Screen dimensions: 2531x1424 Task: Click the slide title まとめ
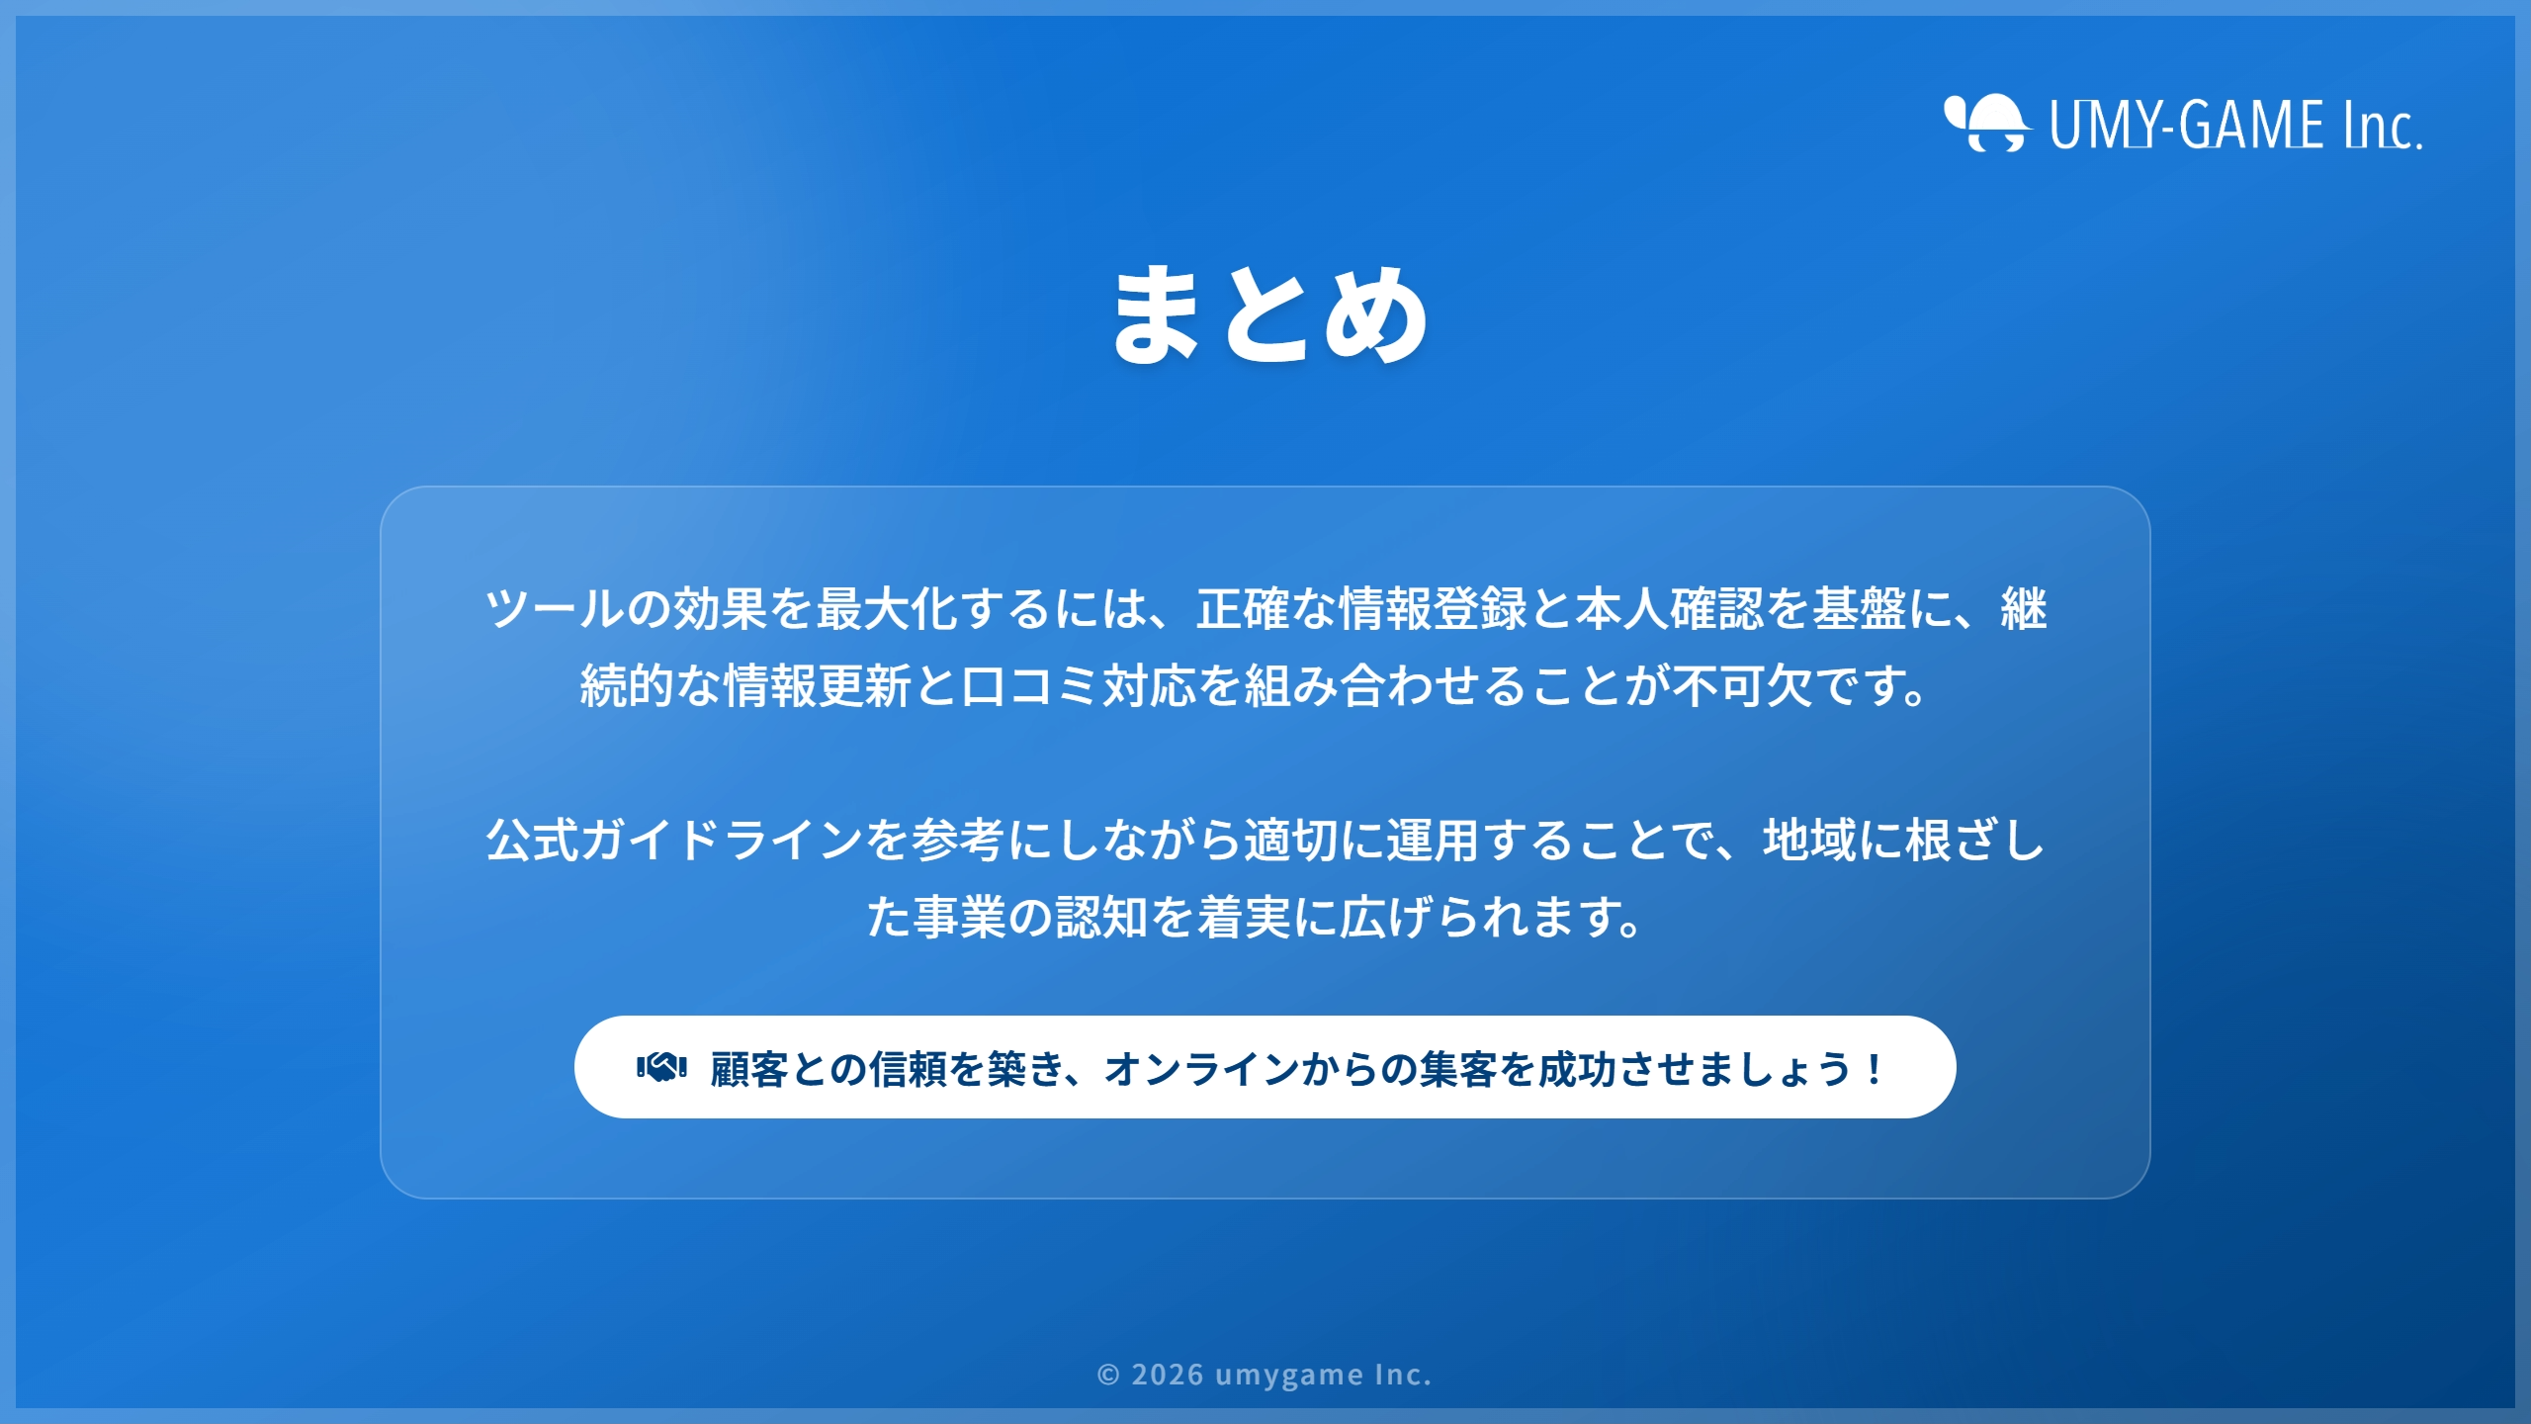tap(1269, 314)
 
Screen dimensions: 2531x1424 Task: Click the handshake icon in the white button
tap(661, 1068)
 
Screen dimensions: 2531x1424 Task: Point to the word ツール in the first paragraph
tap(556, 608)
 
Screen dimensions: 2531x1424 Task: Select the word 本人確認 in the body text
tap(1669, 608)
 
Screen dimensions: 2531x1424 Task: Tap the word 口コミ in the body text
tap(1030, 685)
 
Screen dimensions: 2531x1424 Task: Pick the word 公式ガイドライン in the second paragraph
tap(674, 840)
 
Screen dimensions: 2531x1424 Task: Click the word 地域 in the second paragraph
tap(1810, 840)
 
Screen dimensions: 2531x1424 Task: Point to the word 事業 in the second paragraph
tap(959, 917)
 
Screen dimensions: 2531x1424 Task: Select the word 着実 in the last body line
tap(1244, 917)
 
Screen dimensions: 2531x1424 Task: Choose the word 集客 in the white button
tap(1458, 1069)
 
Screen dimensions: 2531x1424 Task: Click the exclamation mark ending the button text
tap(1874, 1069)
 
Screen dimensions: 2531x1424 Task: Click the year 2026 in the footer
tap(1168, 1375)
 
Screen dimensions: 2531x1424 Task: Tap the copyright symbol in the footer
tap(1108, 1375)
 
